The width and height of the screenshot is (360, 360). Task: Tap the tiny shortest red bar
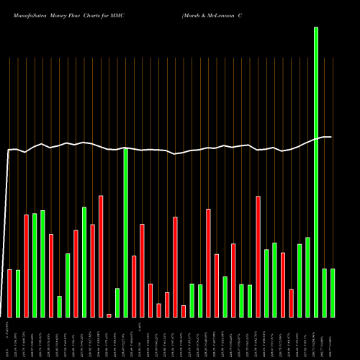click(109, 315)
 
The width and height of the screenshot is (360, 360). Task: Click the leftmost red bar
click(10, 293)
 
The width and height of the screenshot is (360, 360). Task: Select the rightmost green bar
click(333, 292)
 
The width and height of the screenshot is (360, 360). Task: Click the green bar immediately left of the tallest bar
click(307, 277)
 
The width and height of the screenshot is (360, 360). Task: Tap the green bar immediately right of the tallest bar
click(325, 292)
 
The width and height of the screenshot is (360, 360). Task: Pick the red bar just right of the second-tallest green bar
click(134, 287)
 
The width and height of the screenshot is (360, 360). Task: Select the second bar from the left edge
click(18, 293)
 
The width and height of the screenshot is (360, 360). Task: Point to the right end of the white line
click(330, 137)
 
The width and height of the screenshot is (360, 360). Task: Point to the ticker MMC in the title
click(119, 14)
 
